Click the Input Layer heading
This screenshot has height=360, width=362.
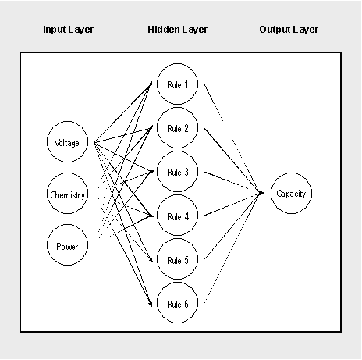[68, 30]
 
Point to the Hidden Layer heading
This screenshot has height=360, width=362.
[177, 30]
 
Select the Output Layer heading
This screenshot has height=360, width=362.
[289, 30]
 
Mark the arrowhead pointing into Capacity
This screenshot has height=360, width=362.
[261, 193]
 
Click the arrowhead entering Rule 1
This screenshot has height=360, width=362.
[150, 84]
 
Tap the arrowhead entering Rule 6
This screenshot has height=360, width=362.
[150, 304]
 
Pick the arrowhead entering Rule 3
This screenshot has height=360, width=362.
[151, 172]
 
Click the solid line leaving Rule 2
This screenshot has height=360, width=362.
[232, 160]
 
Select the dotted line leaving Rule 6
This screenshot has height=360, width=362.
[232, 248]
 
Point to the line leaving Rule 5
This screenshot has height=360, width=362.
[232, 226]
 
